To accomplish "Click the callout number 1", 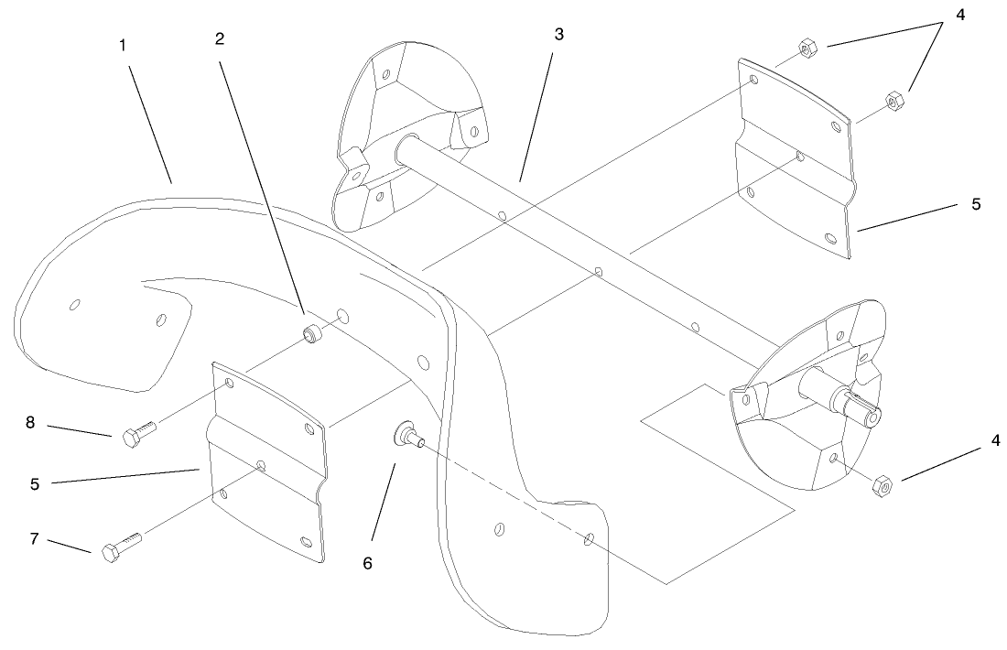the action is tap(123, 47).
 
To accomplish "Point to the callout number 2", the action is tap(220, 39).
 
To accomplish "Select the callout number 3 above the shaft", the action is tap(558, 35).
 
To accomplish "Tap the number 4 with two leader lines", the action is tap(960, 15).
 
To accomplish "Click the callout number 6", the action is tap(367, 563).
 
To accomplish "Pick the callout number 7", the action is tap(35, 539).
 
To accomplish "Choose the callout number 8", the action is tap(30, 423).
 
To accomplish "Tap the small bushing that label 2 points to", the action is tap(312, 335).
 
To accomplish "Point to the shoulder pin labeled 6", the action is tap(407, 434).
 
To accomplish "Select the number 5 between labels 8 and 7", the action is tap(35, 484).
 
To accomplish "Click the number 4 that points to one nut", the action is tap(995, 441).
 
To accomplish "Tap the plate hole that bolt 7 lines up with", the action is tap(260, 465).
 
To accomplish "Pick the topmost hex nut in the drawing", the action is tap(807, 48).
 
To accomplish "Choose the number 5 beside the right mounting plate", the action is tap(976, 205).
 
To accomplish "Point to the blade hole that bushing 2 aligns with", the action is tap(342, 316).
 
